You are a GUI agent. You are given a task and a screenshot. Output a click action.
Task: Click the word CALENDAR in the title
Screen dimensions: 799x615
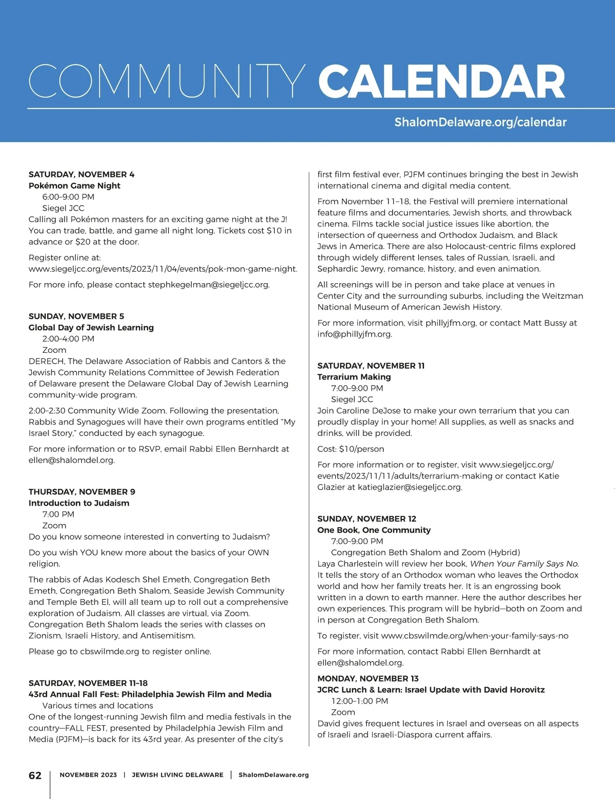[441, 82]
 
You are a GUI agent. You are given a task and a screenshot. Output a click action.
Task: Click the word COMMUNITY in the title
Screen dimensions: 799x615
[167, 82]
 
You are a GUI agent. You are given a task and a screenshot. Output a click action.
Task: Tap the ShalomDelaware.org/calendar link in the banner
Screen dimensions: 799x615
[480, 122]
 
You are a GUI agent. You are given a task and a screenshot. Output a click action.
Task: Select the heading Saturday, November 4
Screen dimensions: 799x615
[81, 174]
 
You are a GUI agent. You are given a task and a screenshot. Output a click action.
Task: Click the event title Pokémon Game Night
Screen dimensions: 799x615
[74, 186]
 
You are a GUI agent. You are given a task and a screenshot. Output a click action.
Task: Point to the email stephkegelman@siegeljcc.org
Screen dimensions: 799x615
[208, 284]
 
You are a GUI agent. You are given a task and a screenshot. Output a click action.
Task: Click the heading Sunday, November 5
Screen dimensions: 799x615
[76, 316]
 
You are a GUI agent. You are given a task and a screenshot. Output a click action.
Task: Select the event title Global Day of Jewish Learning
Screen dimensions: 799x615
[91, 327]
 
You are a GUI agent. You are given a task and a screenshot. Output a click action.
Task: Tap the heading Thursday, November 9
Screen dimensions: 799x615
[82, 491]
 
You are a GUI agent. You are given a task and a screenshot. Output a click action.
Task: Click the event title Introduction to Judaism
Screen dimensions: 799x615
[79, 503]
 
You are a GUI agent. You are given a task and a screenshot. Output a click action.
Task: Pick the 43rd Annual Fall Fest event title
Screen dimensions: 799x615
[150, 694]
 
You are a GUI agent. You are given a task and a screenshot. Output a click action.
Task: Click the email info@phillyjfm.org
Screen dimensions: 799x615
[354, 334]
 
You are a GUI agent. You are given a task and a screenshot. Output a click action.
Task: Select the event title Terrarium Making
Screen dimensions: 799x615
[354, 376]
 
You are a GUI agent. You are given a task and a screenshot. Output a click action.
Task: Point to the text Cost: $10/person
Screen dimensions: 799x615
[351, 449]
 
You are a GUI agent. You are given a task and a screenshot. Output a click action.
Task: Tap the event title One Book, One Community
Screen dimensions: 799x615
[374, 530]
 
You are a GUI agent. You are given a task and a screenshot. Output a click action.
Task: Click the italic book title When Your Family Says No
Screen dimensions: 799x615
[524, 564]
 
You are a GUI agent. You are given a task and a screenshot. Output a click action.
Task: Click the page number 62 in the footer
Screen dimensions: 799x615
[35, 775]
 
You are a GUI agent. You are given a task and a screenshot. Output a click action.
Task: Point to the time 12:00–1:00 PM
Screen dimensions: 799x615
[360, 701]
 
